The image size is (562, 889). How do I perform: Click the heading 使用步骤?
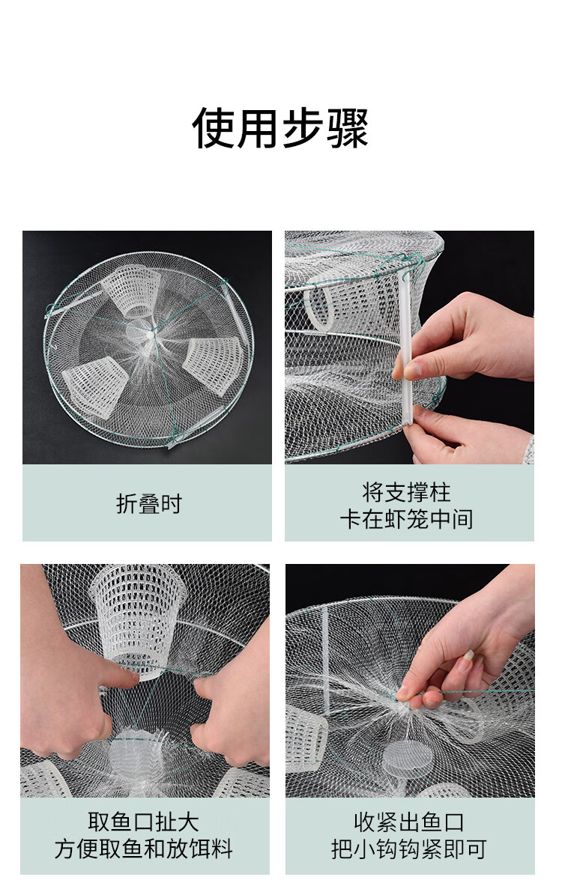click(x=280, y=128)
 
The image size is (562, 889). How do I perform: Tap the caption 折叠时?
click(x=148, y=503)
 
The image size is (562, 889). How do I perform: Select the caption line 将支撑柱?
click(x=407, y=492)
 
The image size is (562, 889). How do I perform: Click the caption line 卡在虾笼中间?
click(x=407, y=519)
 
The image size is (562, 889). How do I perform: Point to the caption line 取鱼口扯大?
click(x=143, y=822)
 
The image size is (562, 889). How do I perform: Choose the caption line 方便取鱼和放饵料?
click(x=143, y=849)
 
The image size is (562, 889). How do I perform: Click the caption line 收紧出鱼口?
click(x=409, y=822)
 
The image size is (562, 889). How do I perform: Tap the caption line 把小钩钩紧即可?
click(x=409, y=849)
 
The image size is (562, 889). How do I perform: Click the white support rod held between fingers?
click(x=405, y=347)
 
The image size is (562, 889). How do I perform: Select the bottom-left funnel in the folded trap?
click(x=94, y=380)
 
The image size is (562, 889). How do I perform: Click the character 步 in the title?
click(x=303, y=128)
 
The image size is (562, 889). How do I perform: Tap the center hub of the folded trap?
click(x=148, y=335)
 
